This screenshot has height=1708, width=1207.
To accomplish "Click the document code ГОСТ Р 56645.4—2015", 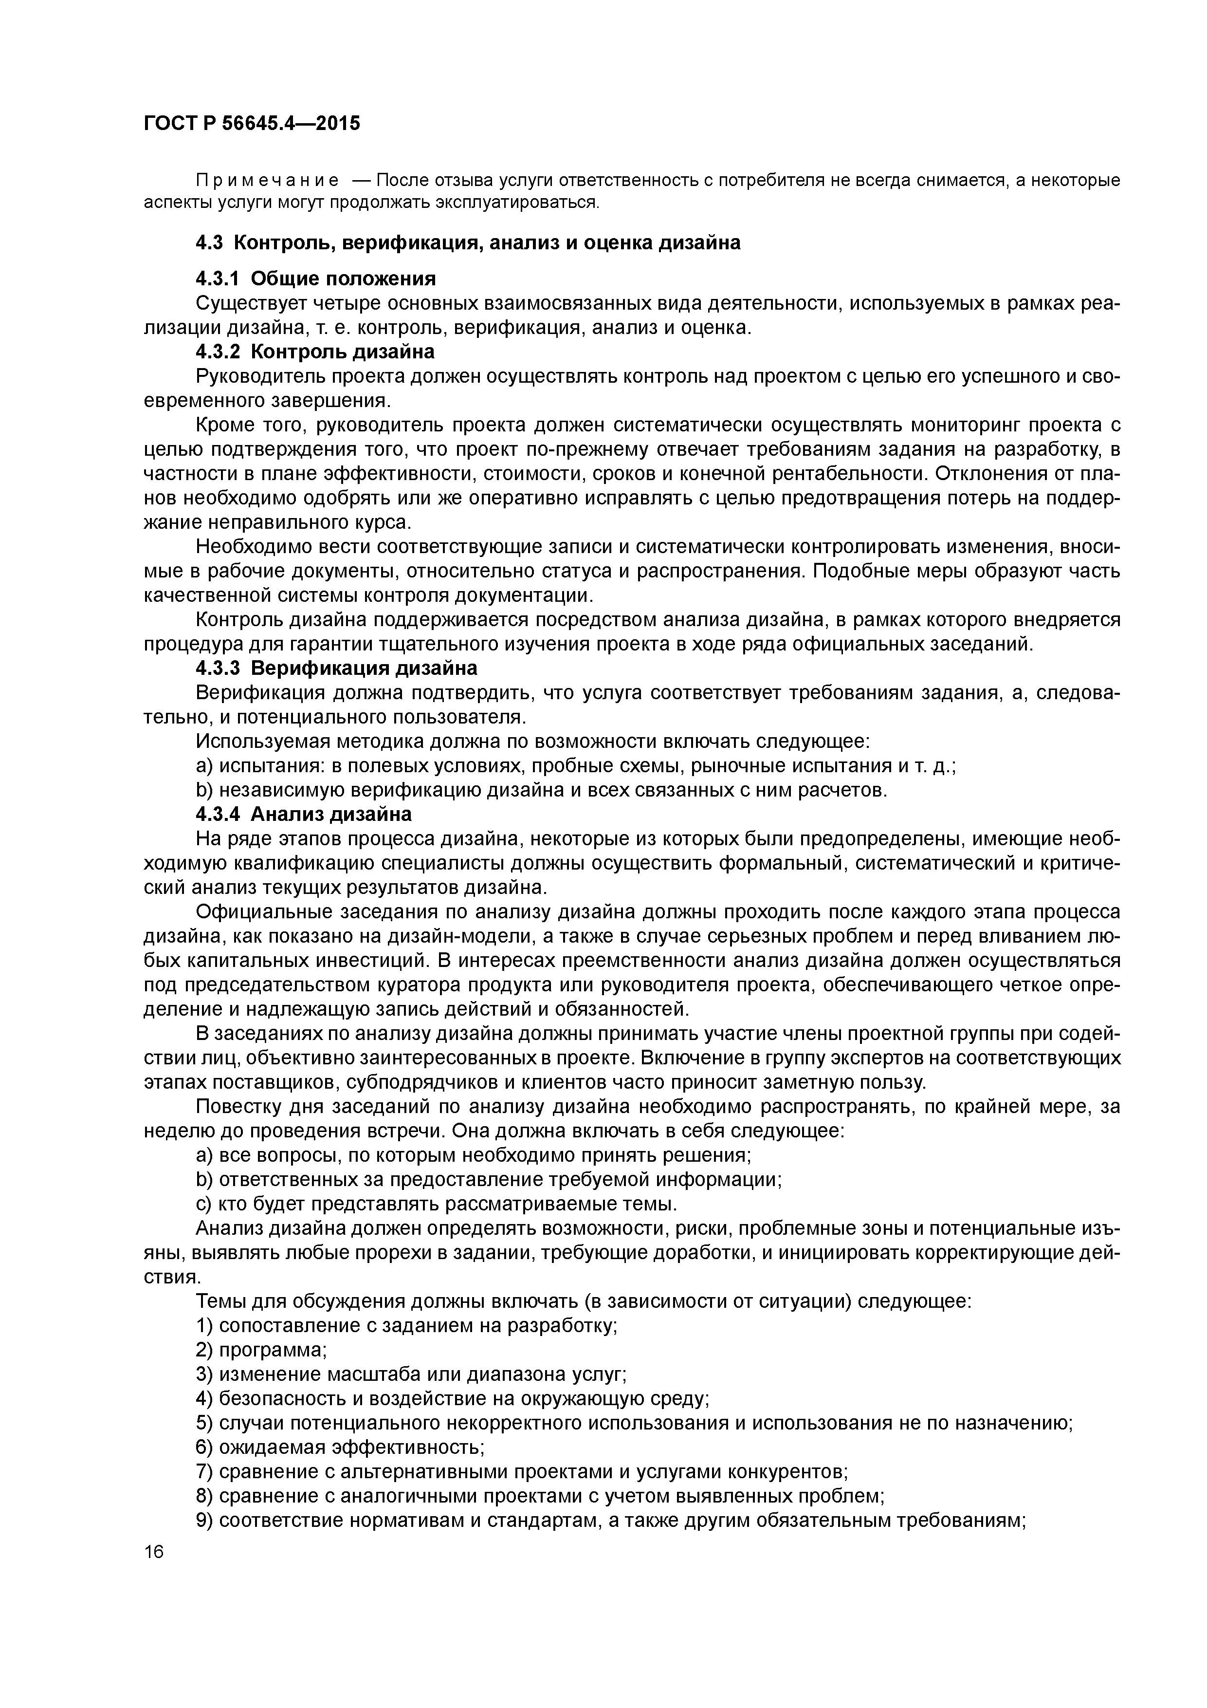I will [x=251, y=123].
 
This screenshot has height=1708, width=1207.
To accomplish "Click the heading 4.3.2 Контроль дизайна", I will [x=314, y=351].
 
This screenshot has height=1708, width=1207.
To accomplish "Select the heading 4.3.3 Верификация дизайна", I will [x=336, y=668].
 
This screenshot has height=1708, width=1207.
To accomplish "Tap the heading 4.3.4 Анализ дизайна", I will [x=303, y=814].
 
